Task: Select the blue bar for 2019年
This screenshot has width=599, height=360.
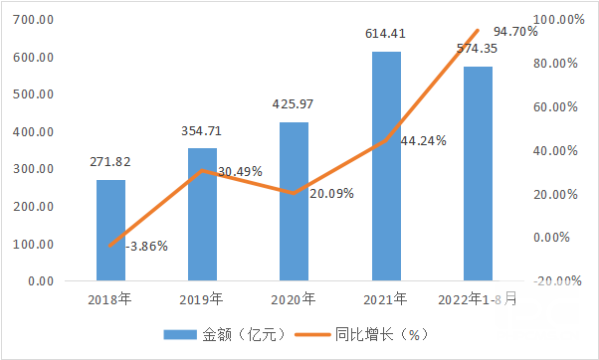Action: (202, 215)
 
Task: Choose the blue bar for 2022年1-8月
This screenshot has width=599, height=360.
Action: (478, 174)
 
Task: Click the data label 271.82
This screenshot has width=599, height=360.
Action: (110, 162)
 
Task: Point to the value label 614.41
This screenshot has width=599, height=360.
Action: (386, 35)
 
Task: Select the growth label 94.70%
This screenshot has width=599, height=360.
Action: (514, 32)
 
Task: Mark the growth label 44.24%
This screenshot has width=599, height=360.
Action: (422, 140)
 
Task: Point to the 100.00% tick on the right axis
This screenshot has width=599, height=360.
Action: (558, 20)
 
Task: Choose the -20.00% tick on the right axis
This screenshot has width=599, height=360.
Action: (556, 281)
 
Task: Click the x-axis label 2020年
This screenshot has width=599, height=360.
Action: (294, 298)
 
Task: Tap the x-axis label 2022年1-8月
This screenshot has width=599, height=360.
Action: (478, 298)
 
